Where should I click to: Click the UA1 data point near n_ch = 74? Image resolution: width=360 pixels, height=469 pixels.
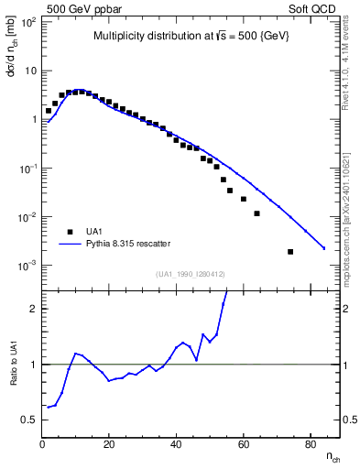[x=290, y=252]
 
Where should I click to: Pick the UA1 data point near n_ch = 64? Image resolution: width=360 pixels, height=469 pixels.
[x=256, y=213]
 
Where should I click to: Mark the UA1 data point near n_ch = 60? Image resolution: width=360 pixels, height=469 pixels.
[x=244, y=199]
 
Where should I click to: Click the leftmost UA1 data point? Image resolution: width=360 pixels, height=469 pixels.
[x=49, y=110]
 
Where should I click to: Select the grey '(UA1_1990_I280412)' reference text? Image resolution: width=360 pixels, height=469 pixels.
[x=190, y=274]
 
